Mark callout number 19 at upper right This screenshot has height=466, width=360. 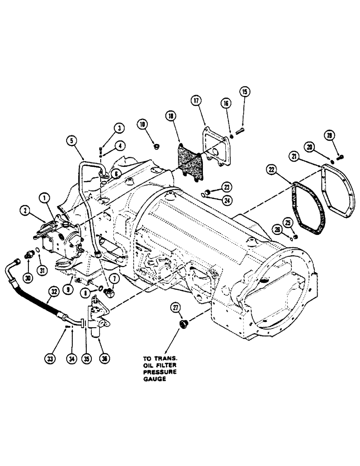tap(344, 136)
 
